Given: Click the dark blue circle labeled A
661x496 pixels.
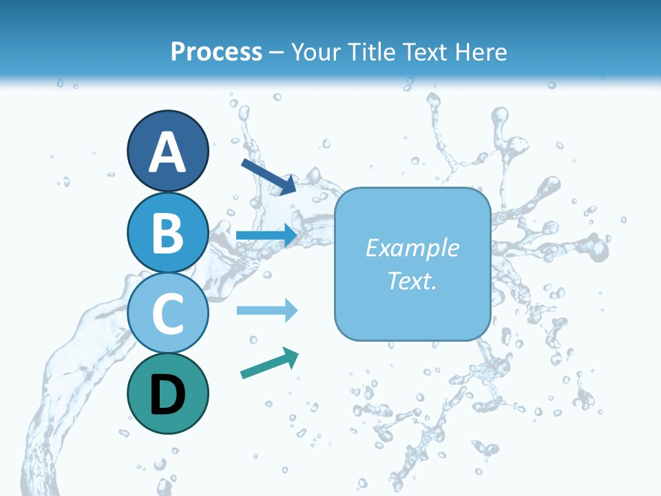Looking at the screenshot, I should (x=168, y=151).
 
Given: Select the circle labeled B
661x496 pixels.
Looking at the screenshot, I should (x=168, y=231).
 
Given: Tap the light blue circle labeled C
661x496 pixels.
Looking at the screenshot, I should (x=168, y=313).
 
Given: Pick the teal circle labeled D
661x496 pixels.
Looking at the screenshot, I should (x=168, y=393).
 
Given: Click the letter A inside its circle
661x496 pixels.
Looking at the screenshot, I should (x=168, y=152).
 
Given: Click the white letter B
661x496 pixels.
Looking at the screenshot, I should (x=168, y=233).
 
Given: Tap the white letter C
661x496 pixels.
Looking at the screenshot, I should (x=168, y=314).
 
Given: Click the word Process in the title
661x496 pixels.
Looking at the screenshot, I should (x=216, y=52).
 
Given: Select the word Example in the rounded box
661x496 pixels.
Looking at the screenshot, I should (x=412, y=248).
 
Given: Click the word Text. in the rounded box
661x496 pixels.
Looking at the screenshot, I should (x=412, y=281).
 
